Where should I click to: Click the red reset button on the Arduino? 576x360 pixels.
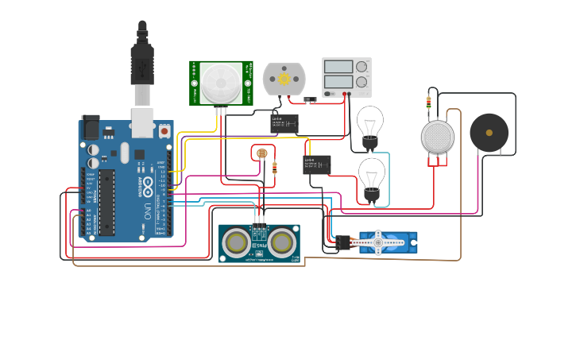click(x=164, y=130)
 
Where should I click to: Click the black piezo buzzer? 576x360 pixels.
click(x=489, y=133)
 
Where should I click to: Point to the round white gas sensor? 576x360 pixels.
click(x=437, y=137)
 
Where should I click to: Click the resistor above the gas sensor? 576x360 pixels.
click(x=429, y=102)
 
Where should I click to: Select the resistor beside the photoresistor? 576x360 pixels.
click(x=274, y=168)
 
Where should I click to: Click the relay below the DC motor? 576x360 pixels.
click(x=284, y=122)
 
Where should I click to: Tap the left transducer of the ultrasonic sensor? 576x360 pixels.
click(x=236, y=242)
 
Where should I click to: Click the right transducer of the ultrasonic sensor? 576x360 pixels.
click(x=282, y=242)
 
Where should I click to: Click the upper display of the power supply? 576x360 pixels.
click(x=338, y=68)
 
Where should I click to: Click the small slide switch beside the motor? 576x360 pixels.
click(x=311, y=99)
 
